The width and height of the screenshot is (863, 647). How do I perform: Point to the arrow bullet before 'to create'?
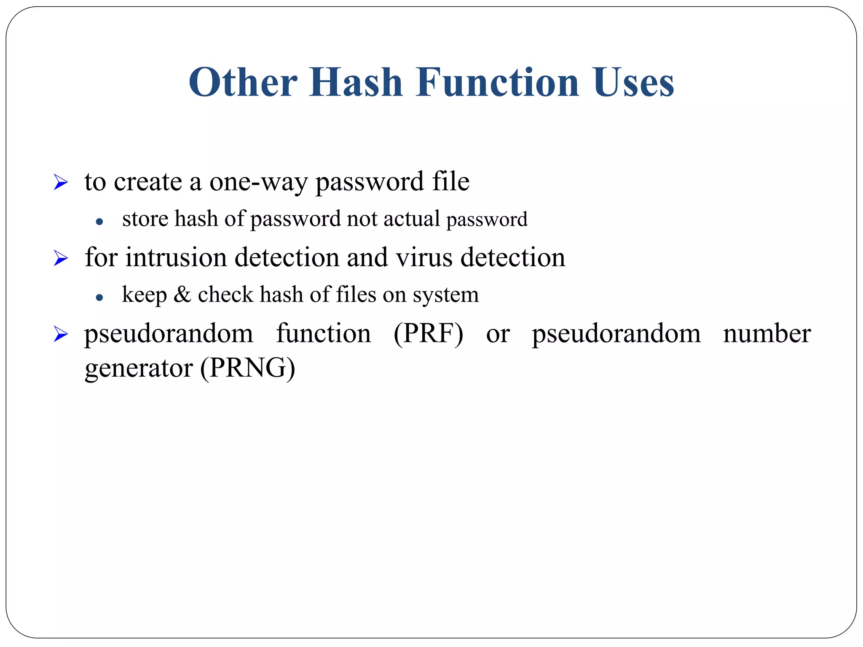pos(61,183)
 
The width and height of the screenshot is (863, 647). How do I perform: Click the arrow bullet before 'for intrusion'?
pos(61,258)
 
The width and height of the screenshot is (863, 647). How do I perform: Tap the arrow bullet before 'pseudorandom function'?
pos(61,334)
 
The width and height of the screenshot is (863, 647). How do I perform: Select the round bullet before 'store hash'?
pos(99,221)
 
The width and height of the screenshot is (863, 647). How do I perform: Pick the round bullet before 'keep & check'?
pos(99,297)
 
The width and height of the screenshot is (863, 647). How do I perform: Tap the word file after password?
pos(450,182)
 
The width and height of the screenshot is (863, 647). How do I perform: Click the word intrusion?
pos(176,257)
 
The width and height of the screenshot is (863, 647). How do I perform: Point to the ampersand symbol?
pos(182,294)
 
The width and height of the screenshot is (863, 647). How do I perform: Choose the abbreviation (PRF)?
pos(428,334)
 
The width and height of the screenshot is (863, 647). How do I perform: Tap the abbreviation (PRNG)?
pos(247,368)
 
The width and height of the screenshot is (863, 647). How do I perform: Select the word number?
pos(767,333)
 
